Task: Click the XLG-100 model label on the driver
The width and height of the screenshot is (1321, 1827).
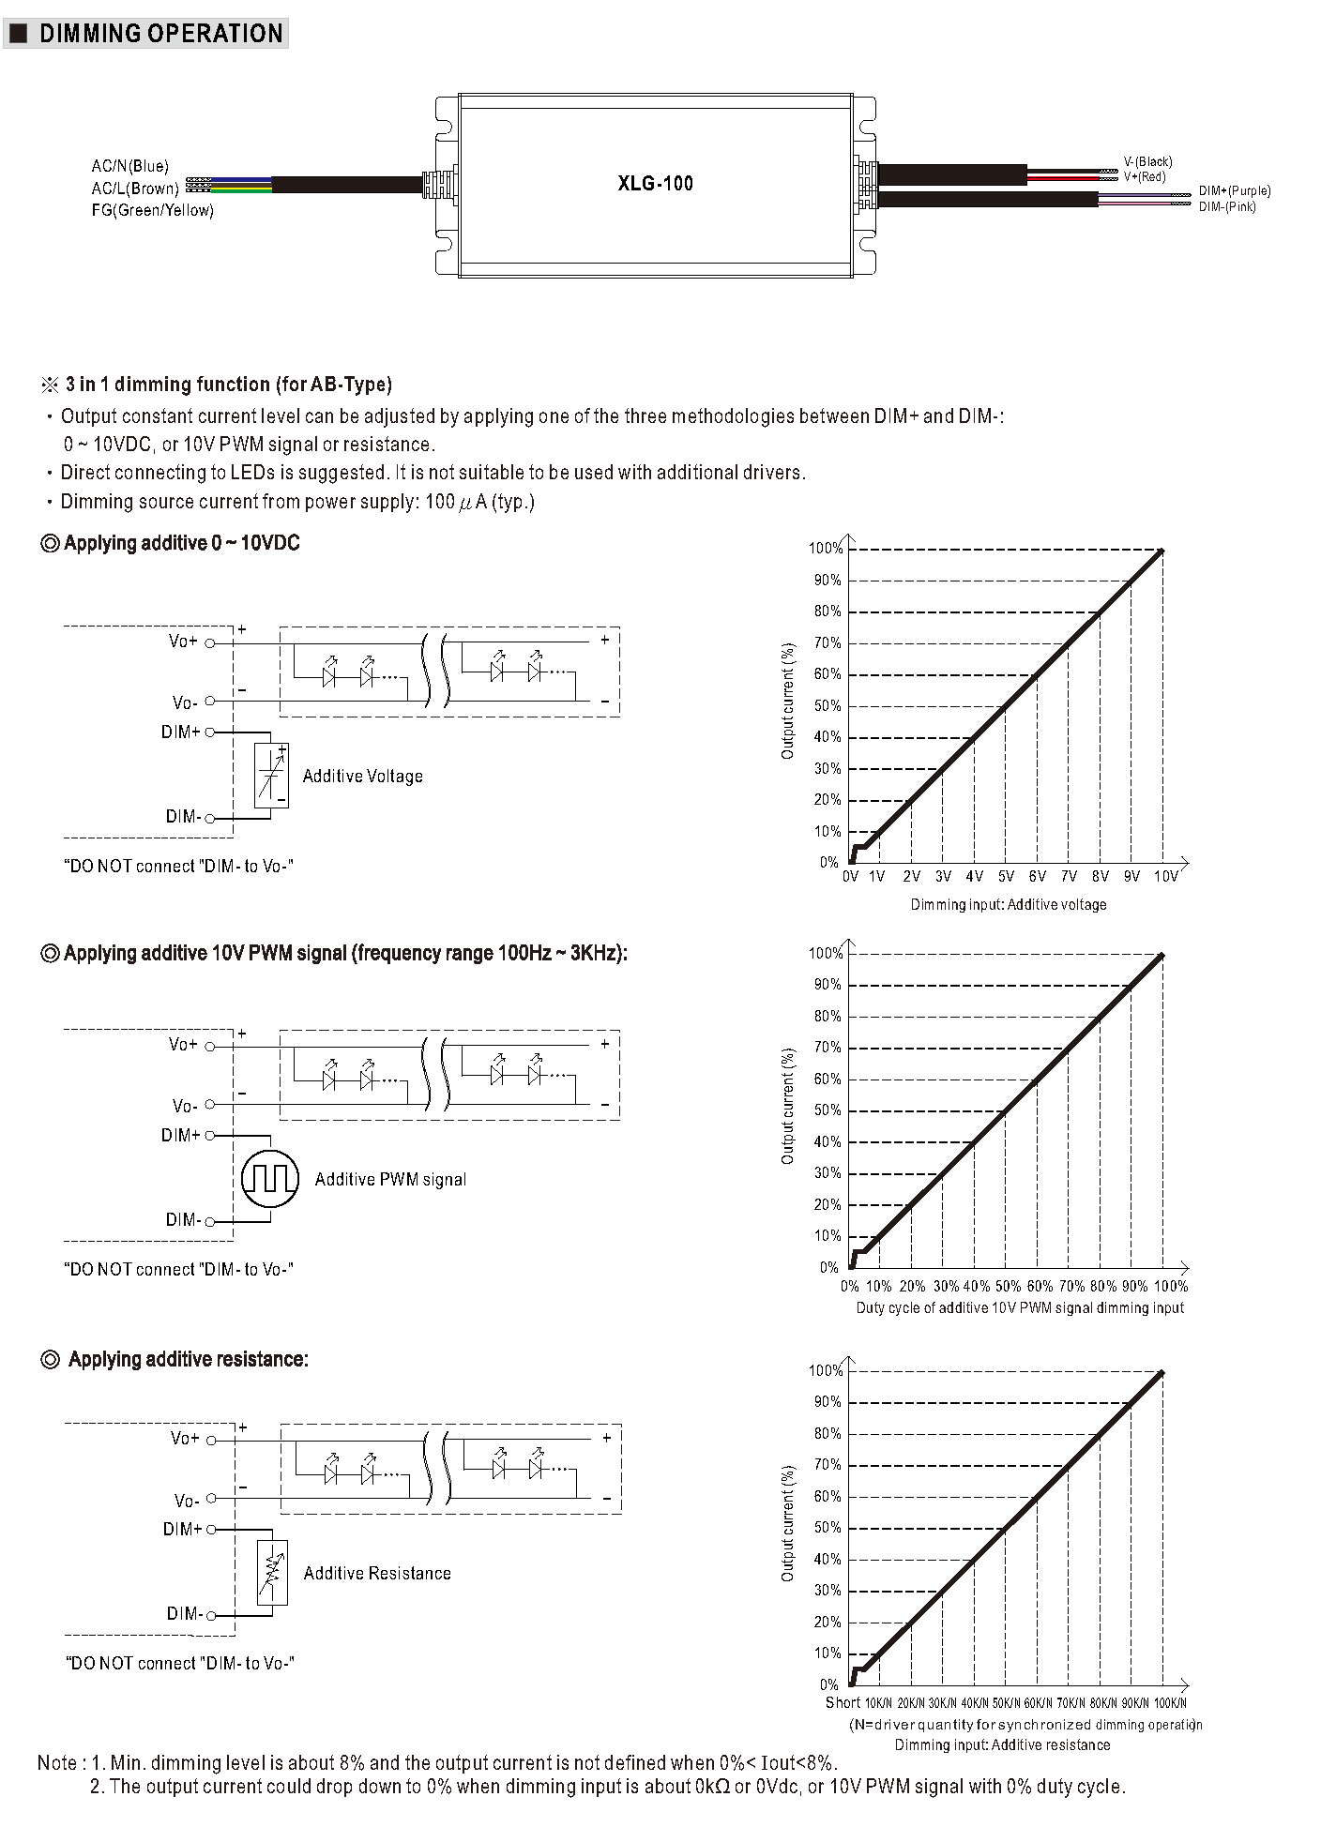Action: click(655, 183)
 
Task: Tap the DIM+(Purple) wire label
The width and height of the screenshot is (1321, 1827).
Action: click(1234, 191)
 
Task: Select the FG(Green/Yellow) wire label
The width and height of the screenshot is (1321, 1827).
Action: click(152, 210)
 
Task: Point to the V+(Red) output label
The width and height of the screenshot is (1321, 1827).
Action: click(1145, 176)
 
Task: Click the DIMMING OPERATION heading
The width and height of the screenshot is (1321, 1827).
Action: click(160, 34)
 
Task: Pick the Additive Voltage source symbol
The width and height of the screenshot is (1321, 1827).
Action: click(271, 775)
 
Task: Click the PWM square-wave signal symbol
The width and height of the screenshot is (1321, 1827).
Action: click(270, 1178)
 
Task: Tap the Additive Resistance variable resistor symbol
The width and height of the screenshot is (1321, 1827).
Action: click(271, 1572)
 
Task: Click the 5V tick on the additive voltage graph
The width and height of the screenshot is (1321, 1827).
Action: click(1006, 876)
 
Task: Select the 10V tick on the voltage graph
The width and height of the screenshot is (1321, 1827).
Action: click(1165, 876)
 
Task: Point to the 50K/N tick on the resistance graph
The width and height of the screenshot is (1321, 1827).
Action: click(1006, 1702)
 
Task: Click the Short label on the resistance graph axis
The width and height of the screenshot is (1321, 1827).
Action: click(842, 1701)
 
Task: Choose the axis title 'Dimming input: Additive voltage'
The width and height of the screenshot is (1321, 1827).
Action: click(1008, 904)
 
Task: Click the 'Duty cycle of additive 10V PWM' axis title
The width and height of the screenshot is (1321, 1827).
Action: click(1020, 1307)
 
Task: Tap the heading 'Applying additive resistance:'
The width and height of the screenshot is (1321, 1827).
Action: click(188, 1359)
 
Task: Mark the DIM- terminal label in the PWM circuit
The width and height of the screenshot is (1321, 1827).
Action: click(183, 1219)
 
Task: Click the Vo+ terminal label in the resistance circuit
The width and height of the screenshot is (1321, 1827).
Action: click(185, 1438)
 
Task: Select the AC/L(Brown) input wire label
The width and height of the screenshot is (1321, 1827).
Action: click(134, 189)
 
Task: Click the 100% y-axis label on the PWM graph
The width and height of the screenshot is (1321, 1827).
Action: click(825, 953)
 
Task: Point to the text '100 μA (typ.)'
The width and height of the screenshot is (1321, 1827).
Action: click(479, 501)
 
